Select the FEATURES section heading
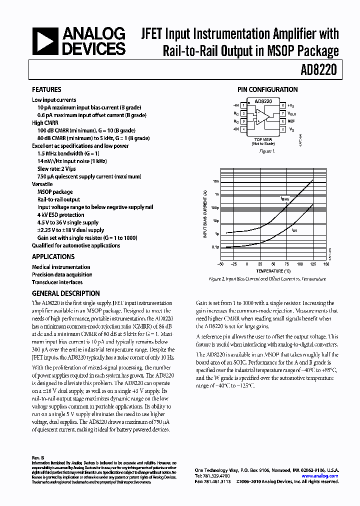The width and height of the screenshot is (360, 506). pos(46,90)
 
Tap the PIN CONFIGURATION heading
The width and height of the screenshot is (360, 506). pos(267,90)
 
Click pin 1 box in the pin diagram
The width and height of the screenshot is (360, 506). pos(243,105)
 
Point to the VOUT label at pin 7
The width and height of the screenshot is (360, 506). pos(292,113)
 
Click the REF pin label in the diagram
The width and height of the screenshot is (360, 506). pos(291,121)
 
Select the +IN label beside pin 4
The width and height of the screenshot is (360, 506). pos(235,129)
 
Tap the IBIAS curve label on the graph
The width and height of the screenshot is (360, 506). pos(284,198)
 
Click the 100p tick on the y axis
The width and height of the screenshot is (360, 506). pos(215,207)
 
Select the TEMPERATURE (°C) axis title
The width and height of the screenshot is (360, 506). pos(273,270)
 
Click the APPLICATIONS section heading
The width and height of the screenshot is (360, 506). pos(53,257)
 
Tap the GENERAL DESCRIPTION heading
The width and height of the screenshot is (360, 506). pos(65,294)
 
